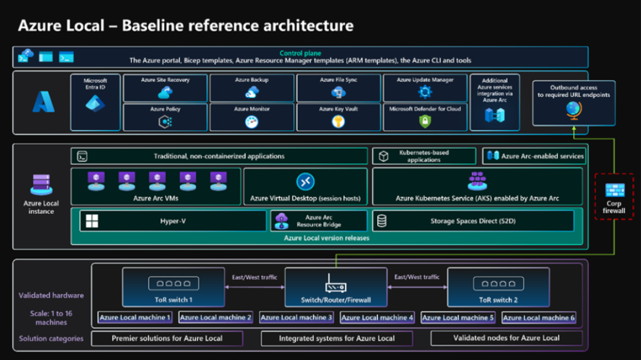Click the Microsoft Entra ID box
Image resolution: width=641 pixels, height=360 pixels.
coord(95,102)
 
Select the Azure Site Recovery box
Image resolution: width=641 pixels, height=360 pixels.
coord(165,88)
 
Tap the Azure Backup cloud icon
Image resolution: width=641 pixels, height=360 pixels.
coord(252,92)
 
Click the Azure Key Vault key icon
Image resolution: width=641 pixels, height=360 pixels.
coord(338,121)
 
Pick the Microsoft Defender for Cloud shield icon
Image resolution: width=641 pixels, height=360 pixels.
coord(425,121)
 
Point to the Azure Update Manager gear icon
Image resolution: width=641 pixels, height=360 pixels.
coord(425,92)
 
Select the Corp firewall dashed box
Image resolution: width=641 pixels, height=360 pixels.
coord(615,196)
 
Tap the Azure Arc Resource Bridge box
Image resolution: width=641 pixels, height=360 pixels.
coord(319,221)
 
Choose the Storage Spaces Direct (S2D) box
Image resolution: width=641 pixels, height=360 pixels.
coord(473,221)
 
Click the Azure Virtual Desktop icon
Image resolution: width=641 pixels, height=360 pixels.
coord(305,181)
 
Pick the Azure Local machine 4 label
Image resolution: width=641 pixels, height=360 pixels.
coord(377,317)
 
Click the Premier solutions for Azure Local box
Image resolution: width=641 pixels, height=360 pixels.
coord(167,338)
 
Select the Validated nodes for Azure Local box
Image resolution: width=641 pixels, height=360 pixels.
coord(507,338)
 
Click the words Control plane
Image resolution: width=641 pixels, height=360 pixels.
coord(300,53)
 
